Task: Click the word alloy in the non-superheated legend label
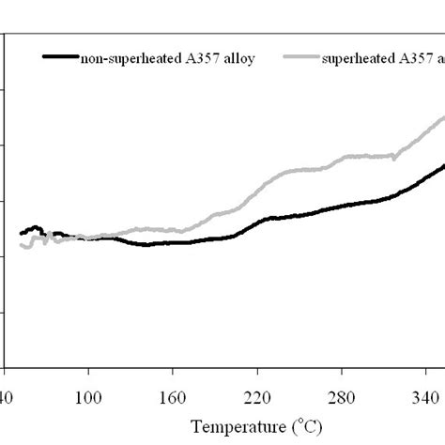click(x=238, y=57)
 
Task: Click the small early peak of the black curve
click(x=36, y=227)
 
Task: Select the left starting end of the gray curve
click(x=21, y=247)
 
